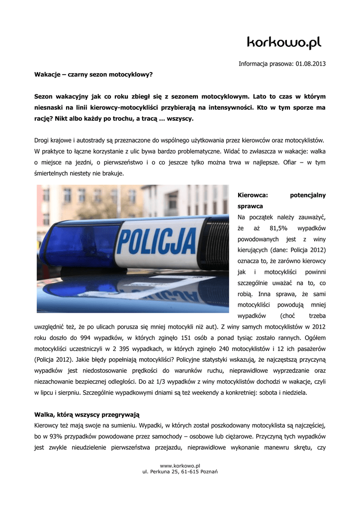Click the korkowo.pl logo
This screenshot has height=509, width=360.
coord(284,43)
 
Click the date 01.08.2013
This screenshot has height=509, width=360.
coord(311,64)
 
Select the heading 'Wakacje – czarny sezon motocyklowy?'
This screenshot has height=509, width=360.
coord(93,74)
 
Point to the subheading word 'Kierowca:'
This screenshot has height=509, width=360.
coord(253,195)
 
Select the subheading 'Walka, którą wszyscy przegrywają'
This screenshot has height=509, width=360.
coord(87,414)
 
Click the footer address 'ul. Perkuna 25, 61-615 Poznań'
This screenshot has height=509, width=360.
coord(180,471)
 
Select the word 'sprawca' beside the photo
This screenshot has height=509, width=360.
coord(250,206)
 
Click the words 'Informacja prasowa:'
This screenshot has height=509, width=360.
coord(266,64)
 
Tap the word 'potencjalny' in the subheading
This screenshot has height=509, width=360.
coord(308,195)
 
